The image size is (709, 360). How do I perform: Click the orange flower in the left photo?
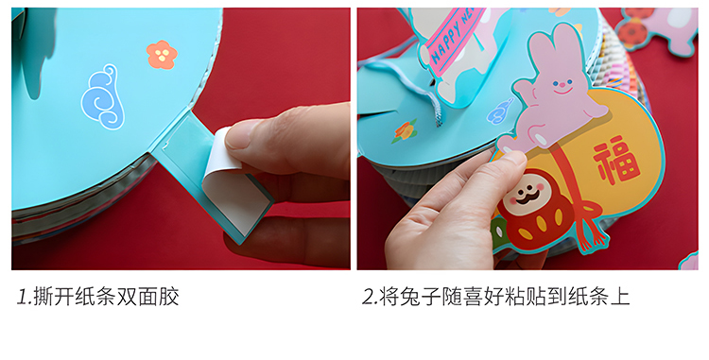click(x=162, y=55)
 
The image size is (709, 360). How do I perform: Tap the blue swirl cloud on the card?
click(x=102, y=96)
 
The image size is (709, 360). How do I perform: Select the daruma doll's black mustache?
click(x=527, y=197)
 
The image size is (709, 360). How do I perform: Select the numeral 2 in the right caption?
click(x=370, y=297)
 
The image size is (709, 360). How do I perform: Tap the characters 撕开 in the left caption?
click(x=53, y=297)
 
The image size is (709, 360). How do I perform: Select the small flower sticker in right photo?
click(x=404, y=131)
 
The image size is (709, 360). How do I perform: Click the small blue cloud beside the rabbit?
click(x=500, y=111)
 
